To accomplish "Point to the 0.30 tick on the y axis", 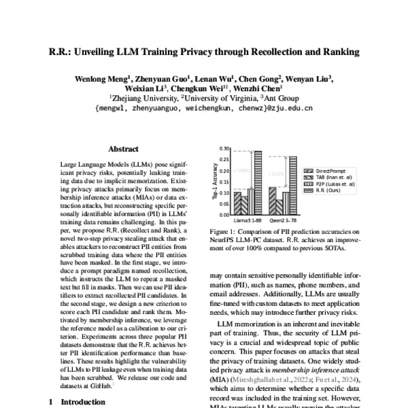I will tap(224, 148).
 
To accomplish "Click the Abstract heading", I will tap(123, 149).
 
